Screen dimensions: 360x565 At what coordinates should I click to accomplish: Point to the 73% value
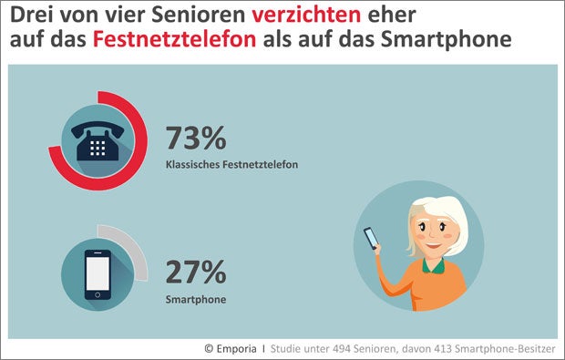pyautogui.click(x=195, y=139)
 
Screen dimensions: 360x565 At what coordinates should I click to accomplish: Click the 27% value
pyautogui.click(x=195, y=271)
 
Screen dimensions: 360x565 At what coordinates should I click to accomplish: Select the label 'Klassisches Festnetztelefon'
pyautogui.click(x=232, y=165)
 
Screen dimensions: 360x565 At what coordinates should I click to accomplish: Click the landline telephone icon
pyautogui.click(x=99, y=140)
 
